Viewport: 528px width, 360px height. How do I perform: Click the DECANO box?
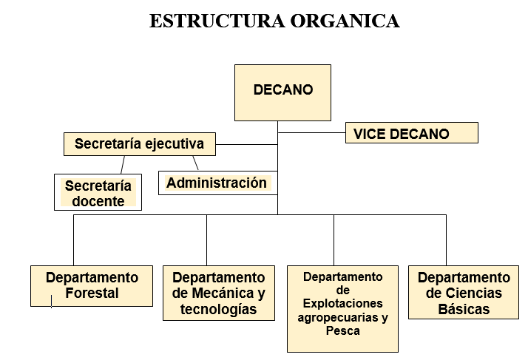(282, 92)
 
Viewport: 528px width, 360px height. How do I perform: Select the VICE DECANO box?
(411, 132)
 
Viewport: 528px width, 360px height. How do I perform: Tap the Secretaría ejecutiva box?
(140, 144)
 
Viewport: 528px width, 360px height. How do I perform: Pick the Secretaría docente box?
(98, 192)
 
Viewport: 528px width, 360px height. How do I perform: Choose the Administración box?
(218, 183)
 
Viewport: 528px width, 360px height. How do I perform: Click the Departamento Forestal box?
(92, 286)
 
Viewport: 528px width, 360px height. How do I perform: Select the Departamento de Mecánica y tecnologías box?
(219, 293)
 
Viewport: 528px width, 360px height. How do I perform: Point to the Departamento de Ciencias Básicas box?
(464, 292)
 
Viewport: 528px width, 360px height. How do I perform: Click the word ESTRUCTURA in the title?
(217, 21)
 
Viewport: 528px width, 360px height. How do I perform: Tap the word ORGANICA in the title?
(345, 21)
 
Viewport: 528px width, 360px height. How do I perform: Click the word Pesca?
(343, 330)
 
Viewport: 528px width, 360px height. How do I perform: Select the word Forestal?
(92, 293)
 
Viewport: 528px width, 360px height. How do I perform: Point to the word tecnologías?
(219, 309)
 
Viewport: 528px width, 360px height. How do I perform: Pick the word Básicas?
(464, 309)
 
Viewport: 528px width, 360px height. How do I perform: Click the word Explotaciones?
(343, 304)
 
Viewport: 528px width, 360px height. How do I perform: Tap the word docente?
(98, 201)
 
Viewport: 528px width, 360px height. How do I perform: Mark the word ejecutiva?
(175, 144)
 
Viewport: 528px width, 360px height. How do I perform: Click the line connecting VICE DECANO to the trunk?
(311, 132)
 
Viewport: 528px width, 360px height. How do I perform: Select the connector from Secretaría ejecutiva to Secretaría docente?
(123, 165)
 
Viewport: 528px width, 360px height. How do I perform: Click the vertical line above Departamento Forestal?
(73, 240)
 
